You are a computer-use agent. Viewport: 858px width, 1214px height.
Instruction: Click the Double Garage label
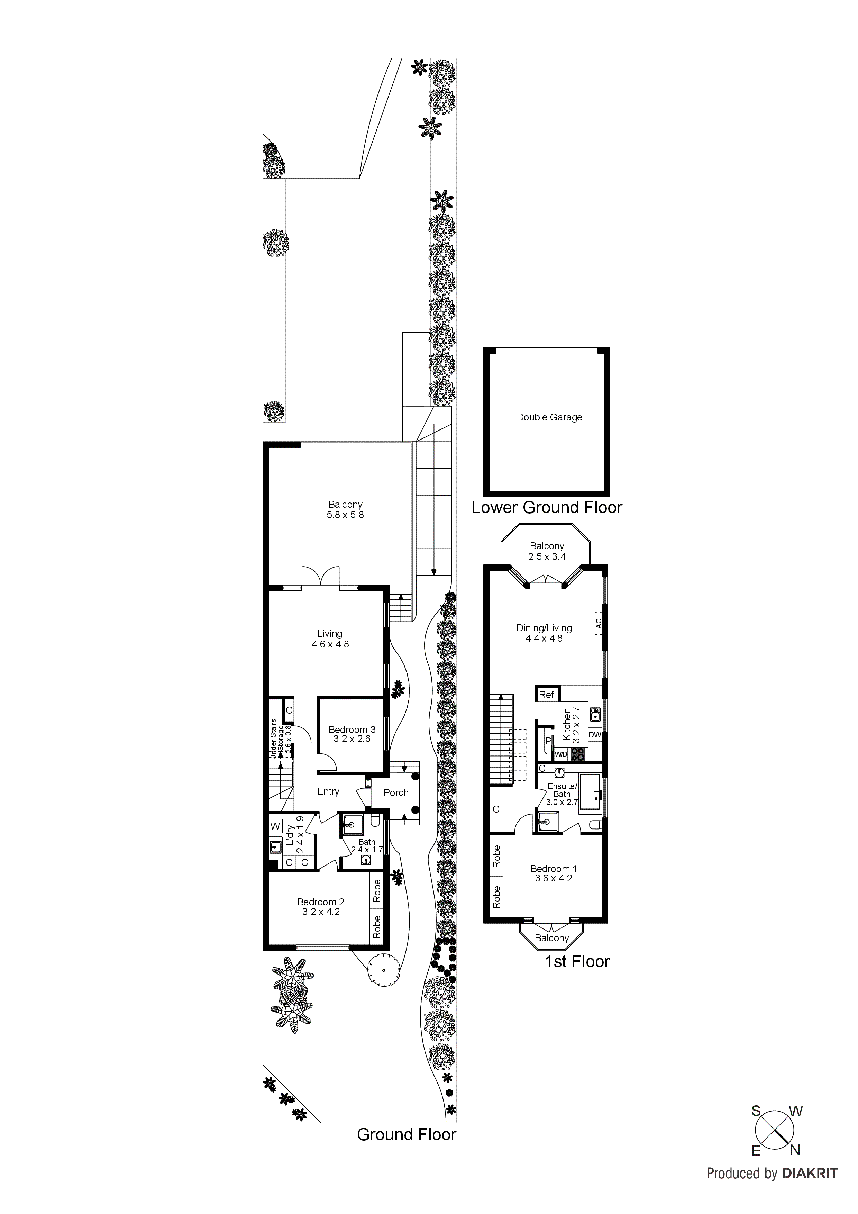pyautogui.click(x=549, y=417)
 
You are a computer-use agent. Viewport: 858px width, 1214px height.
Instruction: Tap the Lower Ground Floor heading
pyautogui.click(x=547, y=508)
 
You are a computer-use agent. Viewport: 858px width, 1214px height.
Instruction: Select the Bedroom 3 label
pyautogui.click(x=352, y=730)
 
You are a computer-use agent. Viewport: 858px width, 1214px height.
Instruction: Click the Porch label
pyautogui.click(x=396, y=792)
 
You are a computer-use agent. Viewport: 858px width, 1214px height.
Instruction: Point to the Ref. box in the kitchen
pyautogui.click(x=547, y=695)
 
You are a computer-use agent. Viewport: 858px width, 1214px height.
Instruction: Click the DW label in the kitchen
pyautogui.click(x=594, y=734)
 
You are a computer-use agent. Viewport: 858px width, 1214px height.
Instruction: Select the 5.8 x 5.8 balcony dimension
pyautogui.click(x=345, y=515)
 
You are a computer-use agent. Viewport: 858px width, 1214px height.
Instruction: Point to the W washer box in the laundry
pyautogui.click(x=275, y=826)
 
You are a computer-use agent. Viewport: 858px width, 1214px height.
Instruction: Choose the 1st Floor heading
pyautogui.click(x=577, y=961)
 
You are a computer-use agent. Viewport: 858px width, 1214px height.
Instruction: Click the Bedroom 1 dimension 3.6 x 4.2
pyautogui.click(x=553, y=878)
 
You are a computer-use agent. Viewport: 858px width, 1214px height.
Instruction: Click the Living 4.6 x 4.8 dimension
pyautogui.click(x=330, y=644)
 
